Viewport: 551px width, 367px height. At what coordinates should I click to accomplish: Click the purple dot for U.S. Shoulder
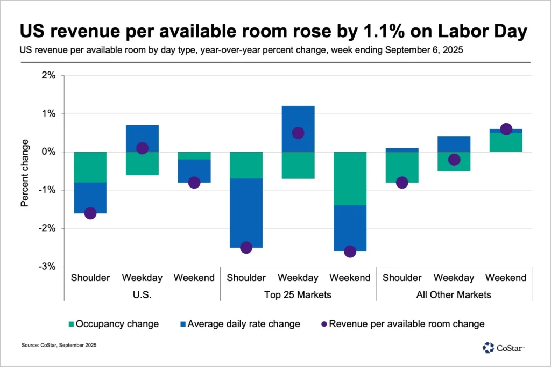tap(90, 213)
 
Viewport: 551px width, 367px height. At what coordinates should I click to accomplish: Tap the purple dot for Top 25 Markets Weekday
tap(298, 133)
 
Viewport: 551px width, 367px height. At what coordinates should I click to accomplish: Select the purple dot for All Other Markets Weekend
tap(506, 129)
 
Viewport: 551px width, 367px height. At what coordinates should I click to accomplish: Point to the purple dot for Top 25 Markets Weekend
tap(350, 251)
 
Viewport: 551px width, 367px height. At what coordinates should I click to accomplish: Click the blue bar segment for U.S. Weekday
tap(142, 138)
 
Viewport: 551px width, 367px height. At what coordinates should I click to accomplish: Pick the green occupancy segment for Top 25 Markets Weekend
tap(350, 178)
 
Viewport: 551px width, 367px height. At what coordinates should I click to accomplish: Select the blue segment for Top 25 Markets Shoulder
tap(246, 213)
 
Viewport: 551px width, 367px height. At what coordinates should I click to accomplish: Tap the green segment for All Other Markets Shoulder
tap(402, 167)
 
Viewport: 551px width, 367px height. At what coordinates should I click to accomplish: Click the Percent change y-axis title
tap(25, 173)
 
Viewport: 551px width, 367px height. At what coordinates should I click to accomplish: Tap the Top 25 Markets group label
tap(298, 295)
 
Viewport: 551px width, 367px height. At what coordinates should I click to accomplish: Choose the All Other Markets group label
tap(454, 295)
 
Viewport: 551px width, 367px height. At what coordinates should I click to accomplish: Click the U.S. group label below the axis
tap(142, 295)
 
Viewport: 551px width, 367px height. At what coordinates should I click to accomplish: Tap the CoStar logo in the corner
tap(503, 348)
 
